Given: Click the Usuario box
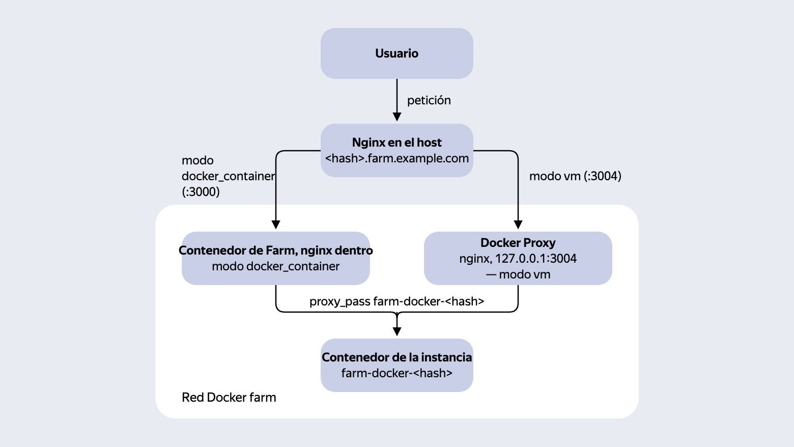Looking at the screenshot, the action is [396, 53].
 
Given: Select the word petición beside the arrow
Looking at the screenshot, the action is [429, 100].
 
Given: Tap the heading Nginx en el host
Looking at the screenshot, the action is [396, 143].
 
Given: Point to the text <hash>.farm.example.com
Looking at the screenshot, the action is [396, 158].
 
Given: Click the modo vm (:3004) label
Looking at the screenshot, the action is [575, 176].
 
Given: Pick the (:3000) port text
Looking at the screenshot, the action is [201, 192].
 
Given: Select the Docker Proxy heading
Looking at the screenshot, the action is [518, 243].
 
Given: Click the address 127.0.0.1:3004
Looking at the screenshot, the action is [535, 259].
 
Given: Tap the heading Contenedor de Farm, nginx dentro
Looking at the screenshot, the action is [276, 250].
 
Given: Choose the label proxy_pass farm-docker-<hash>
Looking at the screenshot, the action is [396, 301].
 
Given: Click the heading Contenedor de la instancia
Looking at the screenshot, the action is [396, 357].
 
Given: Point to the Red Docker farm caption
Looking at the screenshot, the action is [229, 398].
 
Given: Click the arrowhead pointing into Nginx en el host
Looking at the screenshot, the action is [397, 117].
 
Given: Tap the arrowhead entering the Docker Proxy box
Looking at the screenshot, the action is [518, 225].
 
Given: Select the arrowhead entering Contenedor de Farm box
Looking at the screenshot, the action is [276, 225].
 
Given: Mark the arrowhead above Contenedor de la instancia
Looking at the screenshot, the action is [397, 332].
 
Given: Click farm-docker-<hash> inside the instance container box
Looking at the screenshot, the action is [396, 373].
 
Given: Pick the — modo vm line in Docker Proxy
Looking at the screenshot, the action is [518, 275].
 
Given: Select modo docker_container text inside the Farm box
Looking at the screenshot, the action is [276, 267].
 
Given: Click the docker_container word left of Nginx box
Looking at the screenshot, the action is [228, 176].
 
